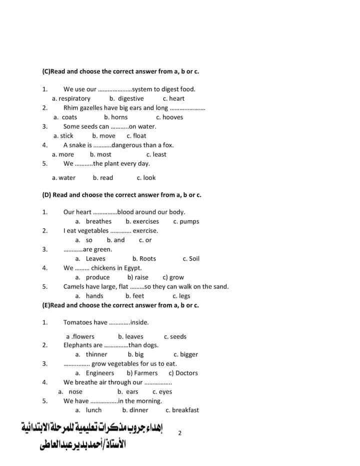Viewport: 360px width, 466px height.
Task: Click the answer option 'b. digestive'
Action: [x=126, y=99]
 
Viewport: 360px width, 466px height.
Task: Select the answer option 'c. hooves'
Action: [x=169, y=117]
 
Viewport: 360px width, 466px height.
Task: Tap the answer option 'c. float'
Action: [x=136, y=136]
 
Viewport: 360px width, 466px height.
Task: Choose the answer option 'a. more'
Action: [x=63, y=154]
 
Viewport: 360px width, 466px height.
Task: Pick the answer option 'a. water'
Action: [x=64, y=178]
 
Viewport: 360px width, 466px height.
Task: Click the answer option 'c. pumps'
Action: [x=186, y=221]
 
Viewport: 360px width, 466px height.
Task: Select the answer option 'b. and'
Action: [x=116, y=240]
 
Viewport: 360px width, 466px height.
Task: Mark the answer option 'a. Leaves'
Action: [x=90, y=259]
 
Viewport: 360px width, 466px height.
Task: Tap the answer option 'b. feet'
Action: [x=135, y=296]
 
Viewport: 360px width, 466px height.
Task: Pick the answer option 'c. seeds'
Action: [x=175, y=336]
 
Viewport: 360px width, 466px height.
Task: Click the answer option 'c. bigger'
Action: [x=186, y=354]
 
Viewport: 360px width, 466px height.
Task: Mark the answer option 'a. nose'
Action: [x=70, y=391]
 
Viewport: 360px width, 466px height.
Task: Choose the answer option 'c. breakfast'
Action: [x=182, y=410]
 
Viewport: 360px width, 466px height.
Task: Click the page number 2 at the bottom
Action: [x=180, y=433]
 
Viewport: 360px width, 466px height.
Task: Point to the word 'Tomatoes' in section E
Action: [x=78, y=322]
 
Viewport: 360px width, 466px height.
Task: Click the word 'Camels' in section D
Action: [x=74, y=286]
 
